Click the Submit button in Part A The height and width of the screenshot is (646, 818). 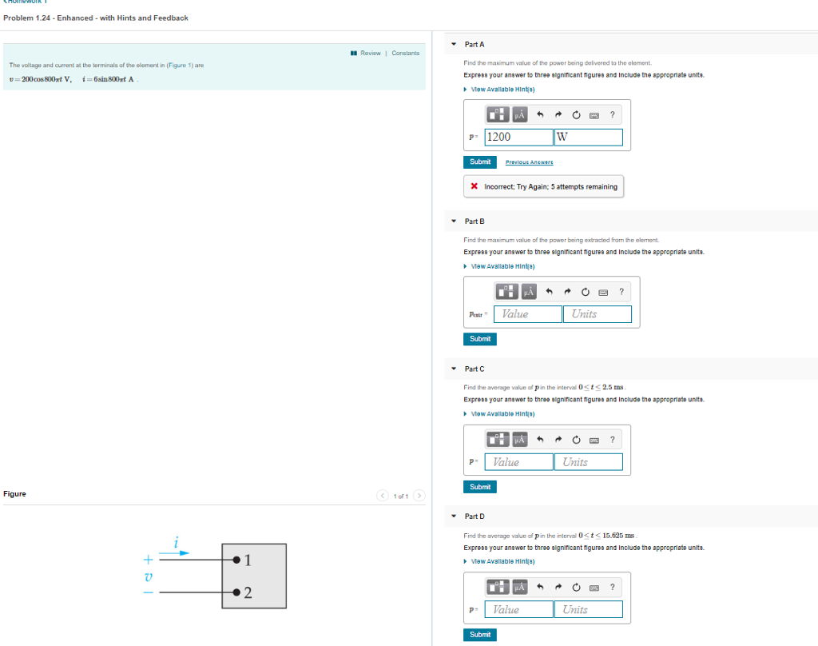pyautogui.click(x=480, y=161)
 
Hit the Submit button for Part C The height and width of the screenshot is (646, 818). pyautogui.click(x=480, y=487)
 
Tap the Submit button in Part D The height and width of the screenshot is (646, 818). pyautogui.click(x=480, y=635)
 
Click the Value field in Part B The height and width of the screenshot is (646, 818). pyautogui.click(x=527, y=314)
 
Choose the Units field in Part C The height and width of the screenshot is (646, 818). pyautogui.click(x=588, y=462)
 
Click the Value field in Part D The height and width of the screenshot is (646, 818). pyautogui.click(x=518, y=609)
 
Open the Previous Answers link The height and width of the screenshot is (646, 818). pyautogui.click(x=529, y=162)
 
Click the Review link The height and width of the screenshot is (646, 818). pyautogui.click(x=370, y=54)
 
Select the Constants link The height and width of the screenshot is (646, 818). pyautogui.click(x=405, y=54)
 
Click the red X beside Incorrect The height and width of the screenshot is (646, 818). pyautogui.click(x=475, y=187)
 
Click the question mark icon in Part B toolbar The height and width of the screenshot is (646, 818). pyautogui.click(x=621, y=291)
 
